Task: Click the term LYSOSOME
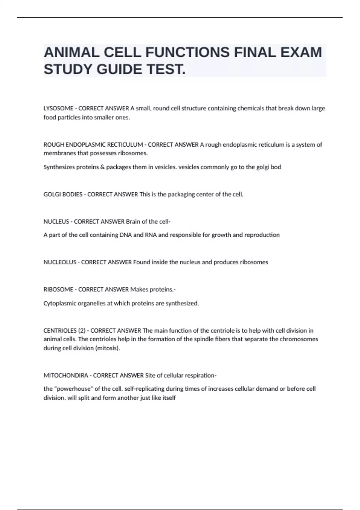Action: point(58,108)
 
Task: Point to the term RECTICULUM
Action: point(125,145)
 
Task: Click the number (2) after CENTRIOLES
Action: point(82,331)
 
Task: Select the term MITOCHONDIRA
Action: point(66,376)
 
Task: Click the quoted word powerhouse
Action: point(74,389)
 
